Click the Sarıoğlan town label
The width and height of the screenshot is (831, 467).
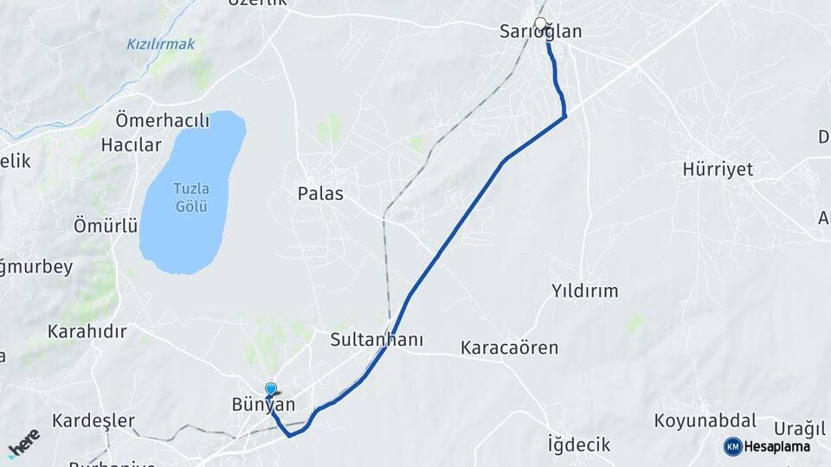[541, 33]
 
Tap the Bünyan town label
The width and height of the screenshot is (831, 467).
[264, 405]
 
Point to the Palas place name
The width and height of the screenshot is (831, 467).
[320, 194]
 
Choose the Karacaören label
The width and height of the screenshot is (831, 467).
[509, 349]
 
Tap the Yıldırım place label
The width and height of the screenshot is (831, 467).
[585, 291]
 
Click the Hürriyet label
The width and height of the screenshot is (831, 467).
[718, 170]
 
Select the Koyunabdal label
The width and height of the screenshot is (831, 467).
[705, 421]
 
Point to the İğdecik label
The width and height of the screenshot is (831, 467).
[579, 445]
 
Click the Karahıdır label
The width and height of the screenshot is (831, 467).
[87, 331]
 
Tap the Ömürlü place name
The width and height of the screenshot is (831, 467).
[106, 227]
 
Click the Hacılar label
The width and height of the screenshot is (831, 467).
[132, 145]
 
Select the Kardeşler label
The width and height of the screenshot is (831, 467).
[93, 421]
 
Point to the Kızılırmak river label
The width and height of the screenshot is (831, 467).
[161, 44]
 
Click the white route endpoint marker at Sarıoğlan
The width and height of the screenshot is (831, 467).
[541, 23]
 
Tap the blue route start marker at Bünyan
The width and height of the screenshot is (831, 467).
[271, 390]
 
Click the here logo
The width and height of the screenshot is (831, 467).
[23, 444]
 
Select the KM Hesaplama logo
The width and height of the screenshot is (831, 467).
[767, 446]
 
